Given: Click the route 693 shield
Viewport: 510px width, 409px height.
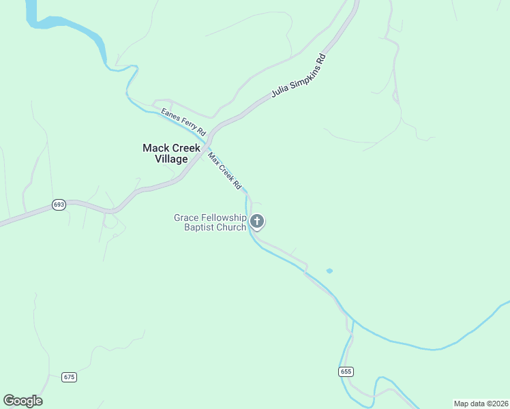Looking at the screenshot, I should pos(59,204).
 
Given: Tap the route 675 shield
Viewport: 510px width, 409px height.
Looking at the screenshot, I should pos(69,377).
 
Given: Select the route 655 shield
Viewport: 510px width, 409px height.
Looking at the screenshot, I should pos(346,372).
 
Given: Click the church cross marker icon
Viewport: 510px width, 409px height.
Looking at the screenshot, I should pos(257,222).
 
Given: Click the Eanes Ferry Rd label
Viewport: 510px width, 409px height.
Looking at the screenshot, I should pos(183,121).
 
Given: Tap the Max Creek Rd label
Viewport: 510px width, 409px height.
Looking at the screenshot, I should pos(225,171).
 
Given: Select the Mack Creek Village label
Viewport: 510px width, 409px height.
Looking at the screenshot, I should pos(171,153).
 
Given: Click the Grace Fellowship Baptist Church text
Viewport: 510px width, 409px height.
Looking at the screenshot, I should pos(210,222).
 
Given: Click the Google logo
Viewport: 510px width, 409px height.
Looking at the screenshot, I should pos(22,401).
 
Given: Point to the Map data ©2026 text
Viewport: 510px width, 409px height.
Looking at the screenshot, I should pos(481,404).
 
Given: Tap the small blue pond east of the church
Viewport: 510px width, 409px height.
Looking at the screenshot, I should pos(329,271).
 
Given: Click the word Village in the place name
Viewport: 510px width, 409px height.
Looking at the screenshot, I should pos(171,159).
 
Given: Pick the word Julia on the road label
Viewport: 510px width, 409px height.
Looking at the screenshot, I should pos(280,91).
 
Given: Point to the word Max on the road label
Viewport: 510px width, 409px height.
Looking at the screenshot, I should pos(213,158).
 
